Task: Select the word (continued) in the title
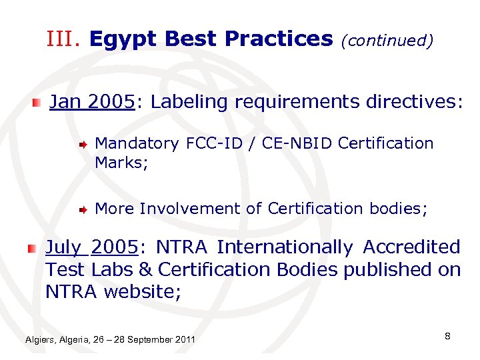[x=387, y=41]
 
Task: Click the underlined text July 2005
[x=91, y=247]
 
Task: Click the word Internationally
[x=285, y=247]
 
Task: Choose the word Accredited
[x=411, y=247]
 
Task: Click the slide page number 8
[x=447, y=336]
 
